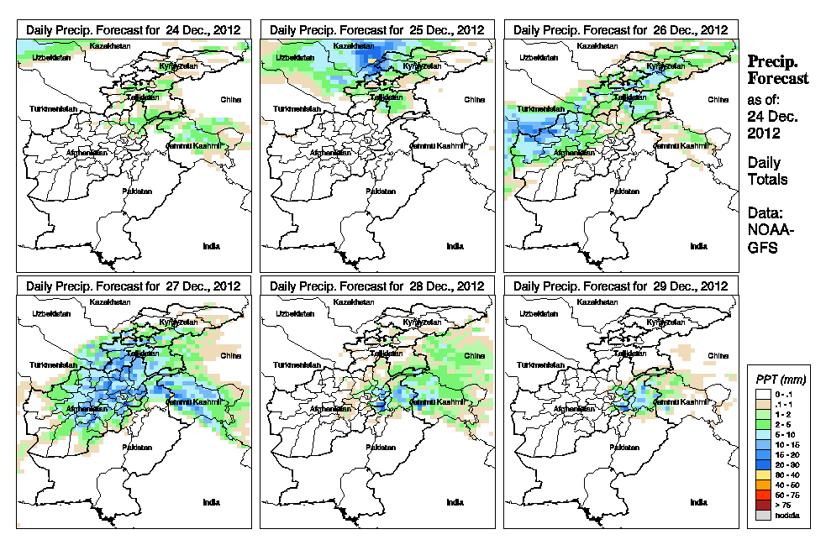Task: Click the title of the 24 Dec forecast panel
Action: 134,29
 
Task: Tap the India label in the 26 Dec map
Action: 698,246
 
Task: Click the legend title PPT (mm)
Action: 778,380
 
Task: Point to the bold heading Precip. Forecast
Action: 778,70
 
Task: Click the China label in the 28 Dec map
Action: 473,355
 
